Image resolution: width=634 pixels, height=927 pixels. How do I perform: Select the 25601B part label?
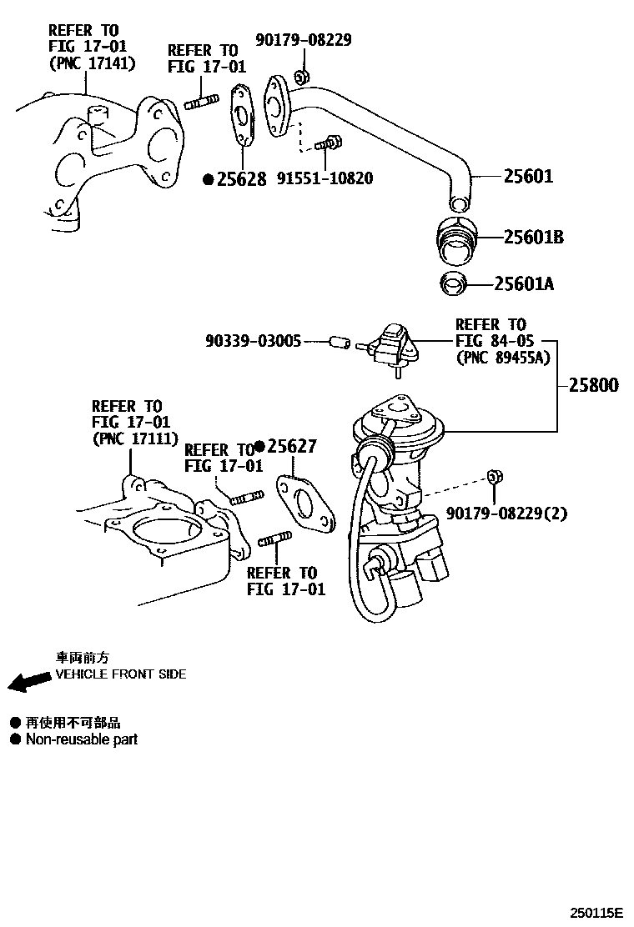534,238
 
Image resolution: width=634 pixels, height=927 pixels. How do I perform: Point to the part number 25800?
594,386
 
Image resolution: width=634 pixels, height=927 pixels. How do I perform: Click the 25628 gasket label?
241,179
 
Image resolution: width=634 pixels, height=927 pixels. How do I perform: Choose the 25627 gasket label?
291,447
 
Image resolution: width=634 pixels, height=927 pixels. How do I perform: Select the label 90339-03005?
253,341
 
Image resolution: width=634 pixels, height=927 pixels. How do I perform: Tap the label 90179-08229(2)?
506,514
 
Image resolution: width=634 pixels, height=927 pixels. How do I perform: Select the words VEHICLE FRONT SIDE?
121,674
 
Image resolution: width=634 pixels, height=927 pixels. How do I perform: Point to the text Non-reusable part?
82,739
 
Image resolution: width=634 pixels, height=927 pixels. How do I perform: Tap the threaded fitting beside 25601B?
455,237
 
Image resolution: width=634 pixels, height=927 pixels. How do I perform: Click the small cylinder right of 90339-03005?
337,342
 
